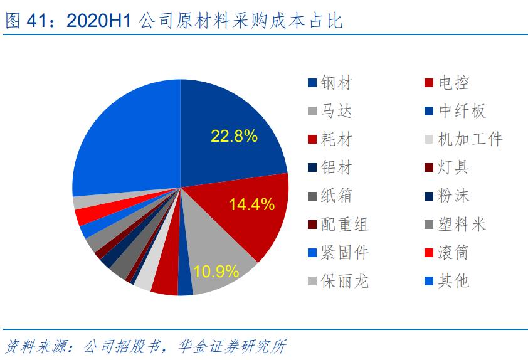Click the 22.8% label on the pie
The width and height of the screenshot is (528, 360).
(x=234, y=136)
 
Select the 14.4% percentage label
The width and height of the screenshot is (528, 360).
(x=251, y=204)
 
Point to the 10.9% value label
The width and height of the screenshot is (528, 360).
(x=216, y=272)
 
